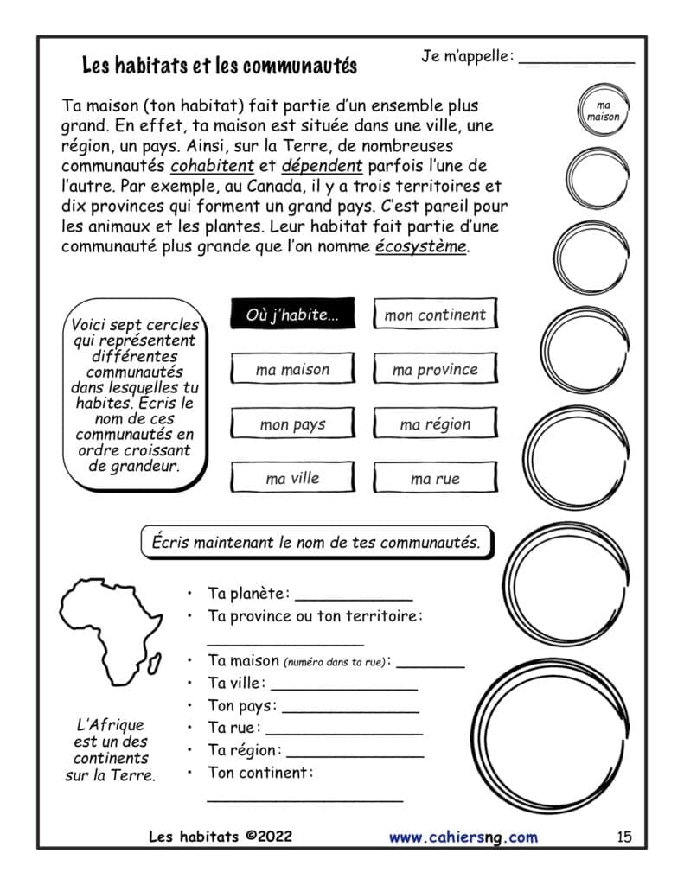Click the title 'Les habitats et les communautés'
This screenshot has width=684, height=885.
[x=219, y=66]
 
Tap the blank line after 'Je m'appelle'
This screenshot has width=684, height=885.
[x=577, y=60]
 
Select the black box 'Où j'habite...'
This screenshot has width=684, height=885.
[x=292, y=315]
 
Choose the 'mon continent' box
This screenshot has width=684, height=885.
[x=435, y=315]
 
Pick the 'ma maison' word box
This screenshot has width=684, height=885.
[x=292, y=369]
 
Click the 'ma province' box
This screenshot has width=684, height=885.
[x=435, y=369]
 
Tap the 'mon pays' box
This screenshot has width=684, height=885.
[x=292, y=424]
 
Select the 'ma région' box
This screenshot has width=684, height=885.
[x=435, y=424]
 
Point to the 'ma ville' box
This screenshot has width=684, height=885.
[x=292, y=478]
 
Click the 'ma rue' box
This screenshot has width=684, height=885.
[x=435, y=478]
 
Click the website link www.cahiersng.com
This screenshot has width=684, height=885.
[x=463, y=837]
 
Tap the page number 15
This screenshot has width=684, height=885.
[x=624, y=836]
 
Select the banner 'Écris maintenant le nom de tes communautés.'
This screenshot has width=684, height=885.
[x=316, y=543]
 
